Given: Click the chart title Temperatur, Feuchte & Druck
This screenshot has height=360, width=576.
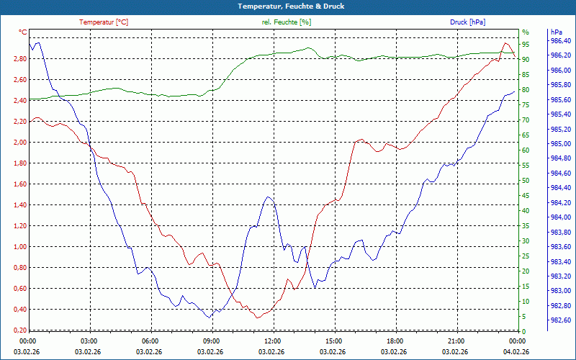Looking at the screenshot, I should [288, 6].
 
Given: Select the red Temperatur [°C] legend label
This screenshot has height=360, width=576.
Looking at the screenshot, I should [104, 22].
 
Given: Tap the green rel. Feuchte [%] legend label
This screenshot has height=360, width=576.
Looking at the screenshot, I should [287, 22].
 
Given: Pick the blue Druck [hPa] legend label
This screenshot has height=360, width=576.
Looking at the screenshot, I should [467, 22].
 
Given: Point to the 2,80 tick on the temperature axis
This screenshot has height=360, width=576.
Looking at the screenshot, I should [20, 59].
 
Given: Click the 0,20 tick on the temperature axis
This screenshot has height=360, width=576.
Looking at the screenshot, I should [20, 330].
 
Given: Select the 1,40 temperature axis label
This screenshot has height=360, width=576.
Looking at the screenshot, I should [20, 205].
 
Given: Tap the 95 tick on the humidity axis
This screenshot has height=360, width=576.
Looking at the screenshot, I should [526, 44].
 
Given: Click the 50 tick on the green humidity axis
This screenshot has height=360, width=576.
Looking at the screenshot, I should [526, 181].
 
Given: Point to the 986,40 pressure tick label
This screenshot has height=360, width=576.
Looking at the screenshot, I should [561, 41].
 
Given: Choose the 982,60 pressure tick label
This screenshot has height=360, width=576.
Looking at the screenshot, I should [561, 320].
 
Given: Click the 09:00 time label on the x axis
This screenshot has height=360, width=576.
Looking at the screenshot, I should [210, 341].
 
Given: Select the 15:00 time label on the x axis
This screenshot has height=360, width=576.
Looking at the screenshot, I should [333, 341].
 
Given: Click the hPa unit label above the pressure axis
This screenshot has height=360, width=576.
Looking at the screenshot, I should [556, 32].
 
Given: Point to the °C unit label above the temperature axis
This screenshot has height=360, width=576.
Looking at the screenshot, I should [23, 32].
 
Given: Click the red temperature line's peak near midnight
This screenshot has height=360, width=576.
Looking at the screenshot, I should [505, 44].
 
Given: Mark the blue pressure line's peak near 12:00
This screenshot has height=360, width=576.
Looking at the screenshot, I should [268, 197].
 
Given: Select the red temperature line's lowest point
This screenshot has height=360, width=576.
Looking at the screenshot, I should [258, 318].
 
